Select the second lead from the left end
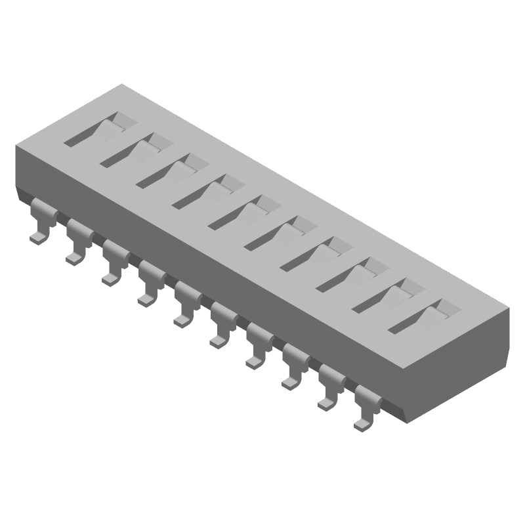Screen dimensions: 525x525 tap(77, 243)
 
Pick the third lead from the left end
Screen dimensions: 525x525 tap(113, 264)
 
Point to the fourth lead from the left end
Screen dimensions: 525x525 tap(149, 284)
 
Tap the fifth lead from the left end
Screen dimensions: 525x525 tap(185, 305)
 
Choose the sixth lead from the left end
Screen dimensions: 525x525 tap(221, 326)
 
